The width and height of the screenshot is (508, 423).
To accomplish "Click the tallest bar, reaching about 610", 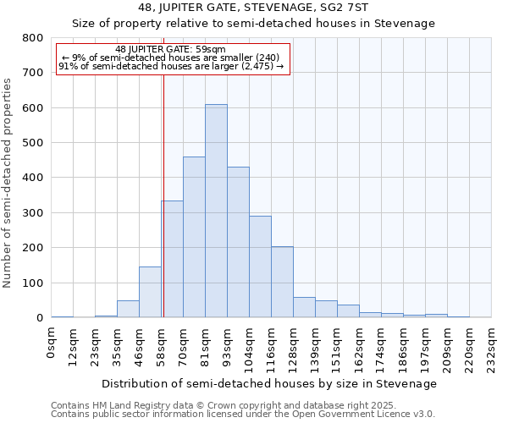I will coord(216,211).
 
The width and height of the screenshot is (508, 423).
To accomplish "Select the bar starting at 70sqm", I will coord(194,237).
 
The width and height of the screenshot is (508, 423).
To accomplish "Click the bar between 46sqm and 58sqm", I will coord(150,292).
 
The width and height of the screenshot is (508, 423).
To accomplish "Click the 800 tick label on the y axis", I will coord(32,38).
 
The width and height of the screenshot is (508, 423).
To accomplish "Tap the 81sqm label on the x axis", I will coord(205,345).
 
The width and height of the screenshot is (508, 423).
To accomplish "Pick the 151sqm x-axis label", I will coord(337,348).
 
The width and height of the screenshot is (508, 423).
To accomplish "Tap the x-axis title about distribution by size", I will coord(271,383).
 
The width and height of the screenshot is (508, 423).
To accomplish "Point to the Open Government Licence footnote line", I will coord(242,414).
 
